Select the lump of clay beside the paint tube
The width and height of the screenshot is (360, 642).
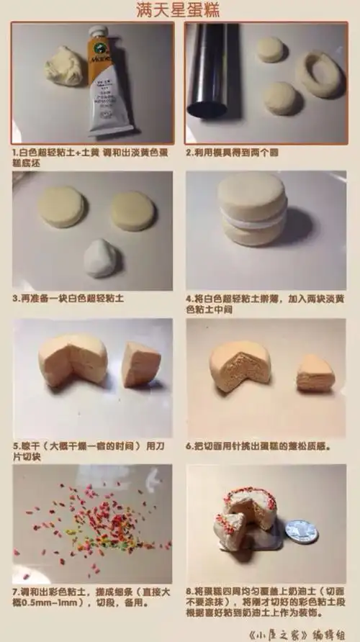66,66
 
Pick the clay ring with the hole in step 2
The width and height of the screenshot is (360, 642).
318,74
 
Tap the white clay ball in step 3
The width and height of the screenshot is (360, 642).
100,258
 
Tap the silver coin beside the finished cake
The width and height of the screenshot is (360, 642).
301,531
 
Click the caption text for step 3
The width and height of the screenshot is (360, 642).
69,297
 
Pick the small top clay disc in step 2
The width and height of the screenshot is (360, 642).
271,49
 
